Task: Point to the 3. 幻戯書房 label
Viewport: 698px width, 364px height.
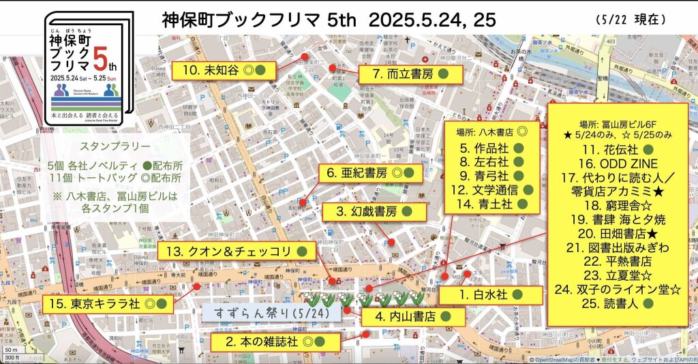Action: [x=375, y=212]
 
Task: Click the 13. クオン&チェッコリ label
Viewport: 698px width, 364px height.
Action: [x=237, y=252]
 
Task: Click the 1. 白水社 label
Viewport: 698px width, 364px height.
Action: [x=490, y=294]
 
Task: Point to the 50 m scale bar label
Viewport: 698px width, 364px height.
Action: [x=10, y=348]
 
